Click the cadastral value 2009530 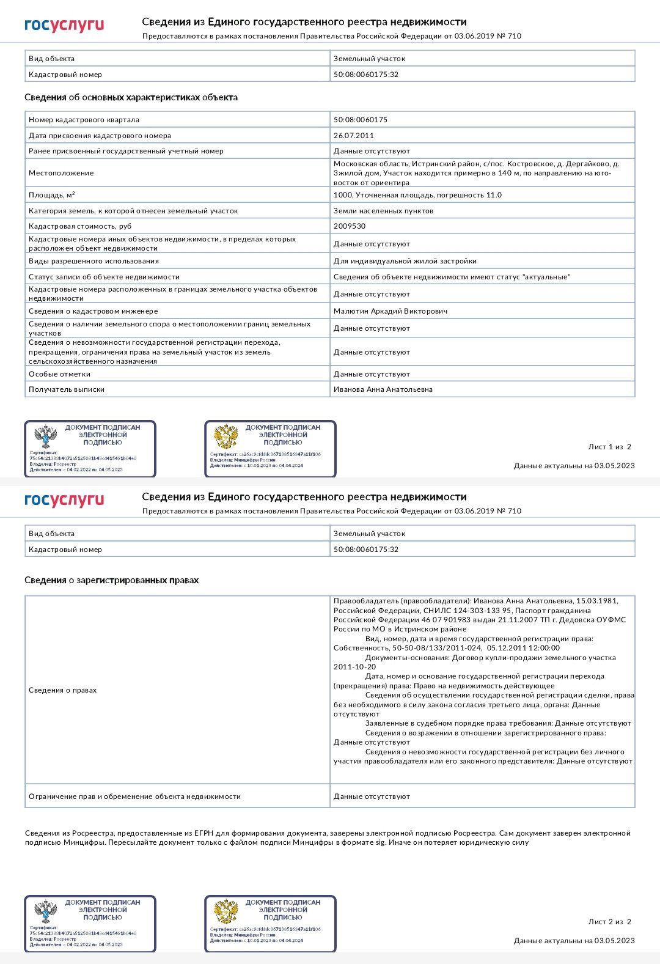tap(350, 226)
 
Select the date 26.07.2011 tap(354, 136)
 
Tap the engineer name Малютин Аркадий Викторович tap(391, 311)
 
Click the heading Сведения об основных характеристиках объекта tap(131, 97)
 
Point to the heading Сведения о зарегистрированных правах tap(111, 580)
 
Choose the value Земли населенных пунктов tap(383, 211)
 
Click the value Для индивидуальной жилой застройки tap(405, 261)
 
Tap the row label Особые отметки tap(59, 374)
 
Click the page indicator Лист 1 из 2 tap(609, 447)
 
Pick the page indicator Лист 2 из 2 tap(609, 922)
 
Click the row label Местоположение tap(61, 173)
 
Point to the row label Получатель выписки tap(67, 389)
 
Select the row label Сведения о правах tap(62, 690)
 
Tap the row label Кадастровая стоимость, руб tap(80, 226)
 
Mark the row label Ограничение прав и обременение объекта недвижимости tap(134, 797)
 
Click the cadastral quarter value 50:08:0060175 tap(361, 120)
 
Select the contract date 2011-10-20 tap(355, 667)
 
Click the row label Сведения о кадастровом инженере tap(93, 311)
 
